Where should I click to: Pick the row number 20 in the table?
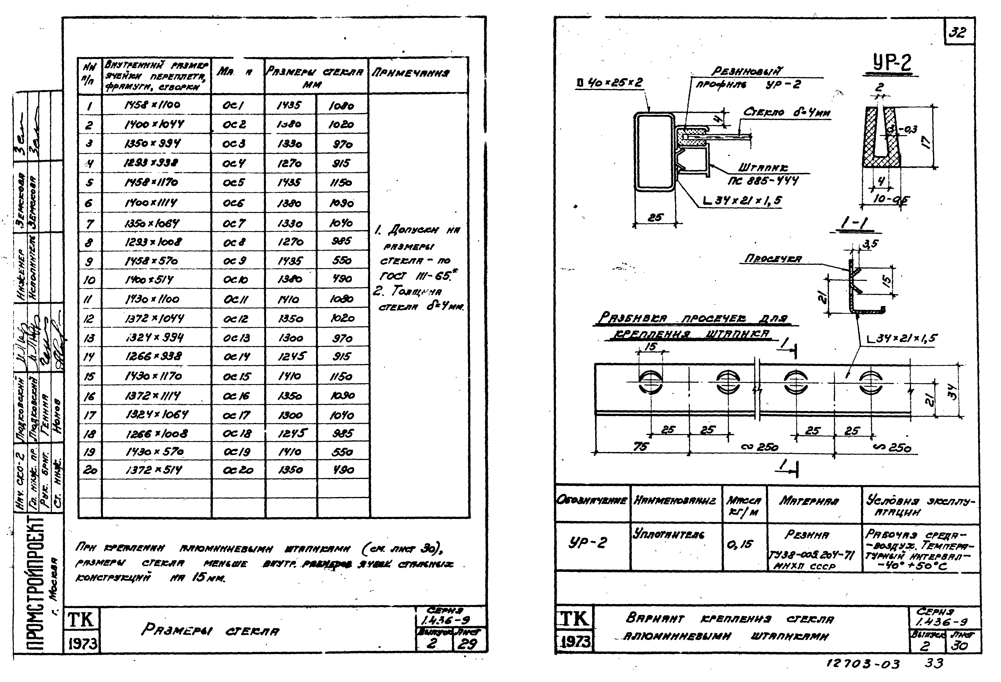pos(90,470)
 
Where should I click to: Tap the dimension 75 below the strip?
pos(641,447)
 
